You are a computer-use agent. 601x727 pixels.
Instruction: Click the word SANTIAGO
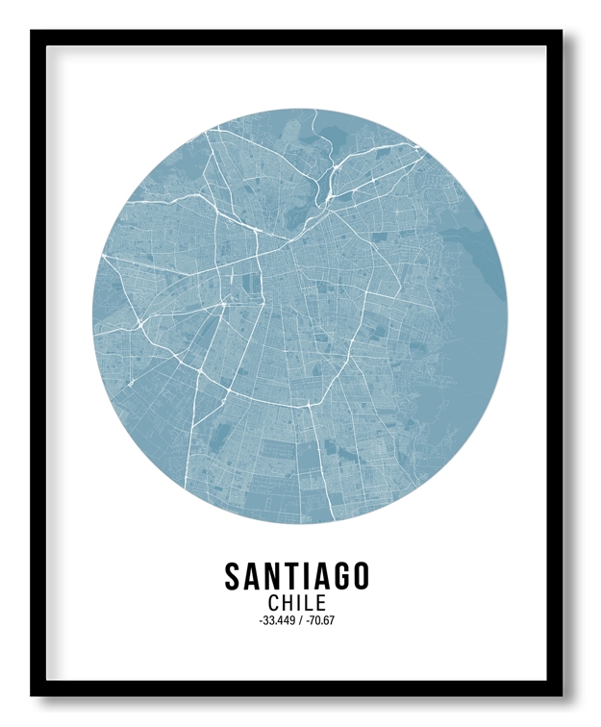pos(297,576)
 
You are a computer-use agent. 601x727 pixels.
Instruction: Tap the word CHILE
pos(297,603)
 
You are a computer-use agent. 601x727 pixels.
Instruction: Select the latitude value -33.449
pos(276,620)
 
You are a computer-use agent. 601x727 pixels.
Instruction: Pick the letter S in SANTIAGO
pos(233,576)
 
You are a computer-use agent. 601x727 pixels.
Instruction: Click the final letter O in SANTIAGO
pos(360,576)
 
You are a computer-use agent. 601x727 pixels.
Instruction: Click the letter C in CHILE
pos(274,603)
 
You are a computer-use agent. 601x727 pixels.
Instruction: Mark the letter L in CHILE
pos(310,603)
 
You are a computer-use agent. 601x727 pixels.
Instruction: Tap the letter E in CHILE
pos(321,603)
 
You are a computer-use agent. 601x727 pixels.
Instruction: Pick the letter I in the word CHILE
pos(300,603)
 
